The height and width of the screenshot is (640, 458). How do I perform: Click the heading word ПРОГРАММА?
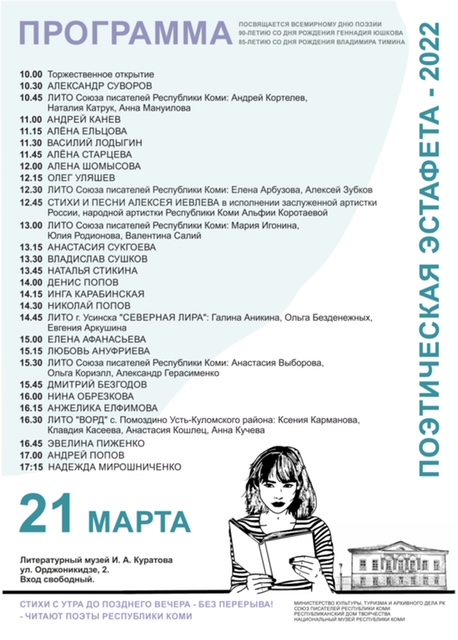pyautogui.click(x=123, y=35)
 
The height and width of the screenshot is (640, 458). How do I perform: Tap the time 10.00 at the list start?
pyautogui.click(x=31, y=74)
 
